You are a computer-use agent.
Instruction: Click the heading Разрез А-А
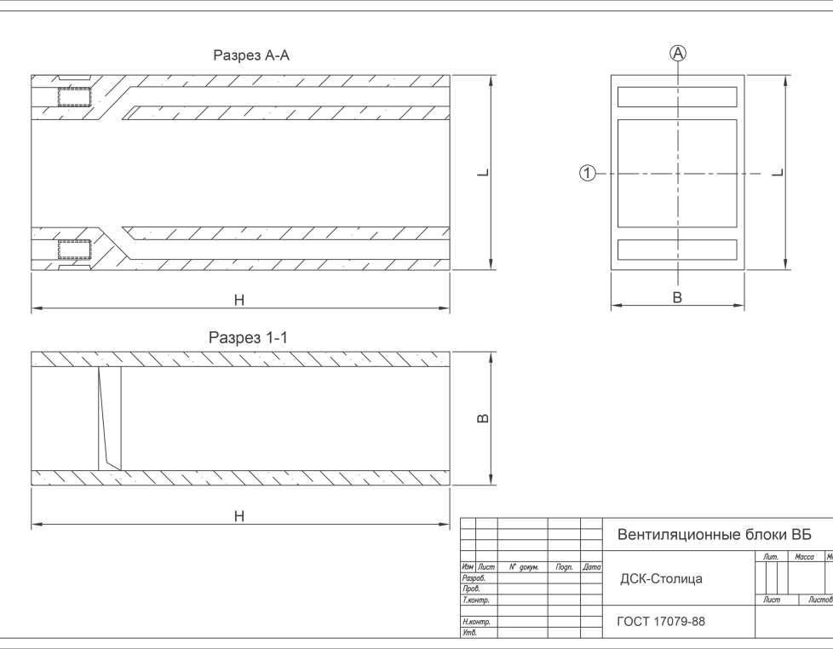pos(251,56)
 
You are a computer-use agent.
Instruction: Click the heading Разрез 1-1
pos(249,338)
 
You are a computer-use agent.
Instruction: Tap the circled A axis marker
pos(678,53)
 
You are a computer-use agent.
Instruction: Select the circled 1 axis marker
pos(587,174)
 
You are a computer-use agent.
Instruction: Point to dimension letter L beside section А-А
pos(482,173)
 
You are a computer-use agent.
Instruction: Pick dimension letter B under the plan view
pos(677,297)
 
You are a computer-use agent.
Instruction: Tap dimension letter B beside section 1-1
pos(481,418)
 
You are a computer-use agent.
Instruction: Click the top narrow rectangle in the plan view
pos(677,96)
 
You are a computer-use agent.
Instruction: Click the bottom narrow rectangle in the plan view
pos(677,250)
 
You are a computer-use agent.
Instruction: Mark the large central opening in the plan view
pos(677,173)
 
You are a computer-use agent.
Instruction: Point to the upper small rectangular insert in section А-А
pos(73,96)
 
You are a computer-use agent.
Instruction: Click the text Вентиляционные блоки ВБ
pos(714,535)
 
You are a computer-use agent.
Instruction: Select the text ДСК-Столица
pos(661,579)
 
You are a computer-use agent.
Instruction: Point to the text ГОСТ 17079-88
pos(661,622)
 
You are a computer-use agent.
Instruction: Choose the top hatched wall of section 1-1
pos(241,359)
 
